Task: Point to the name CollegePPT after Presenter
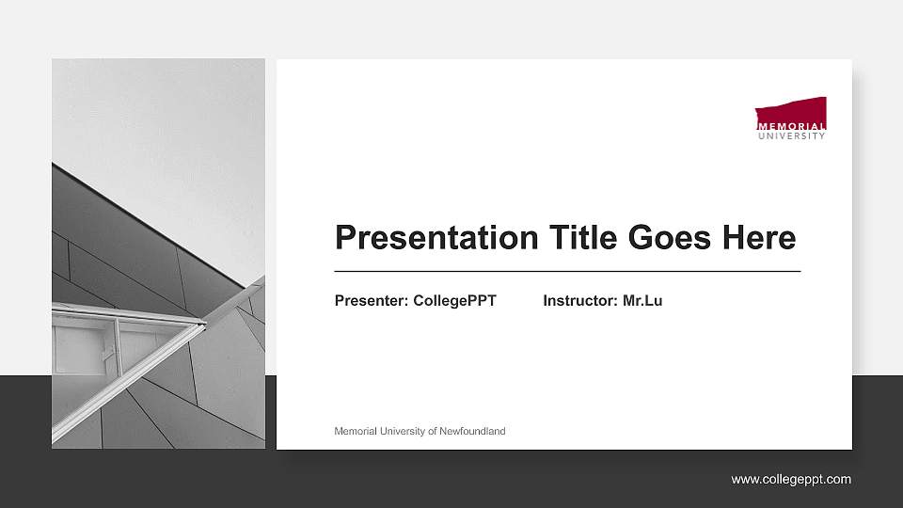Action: [454, 301]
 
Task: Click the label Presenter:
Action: [372, 301]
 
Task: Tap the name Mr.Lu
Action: [642, 301]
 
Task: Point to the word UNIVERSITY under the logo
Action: [791, 135]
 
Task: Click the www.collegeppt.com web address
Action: [791, 480]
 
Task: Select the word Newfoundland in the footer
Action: [474, 432]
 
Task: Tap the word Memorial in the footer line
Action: [355, 432]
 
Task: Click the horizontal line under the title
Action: [567, 271]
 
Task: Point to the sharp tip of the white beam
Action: [204, 324]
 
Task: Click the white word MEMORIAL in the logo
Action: [791, 126]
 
